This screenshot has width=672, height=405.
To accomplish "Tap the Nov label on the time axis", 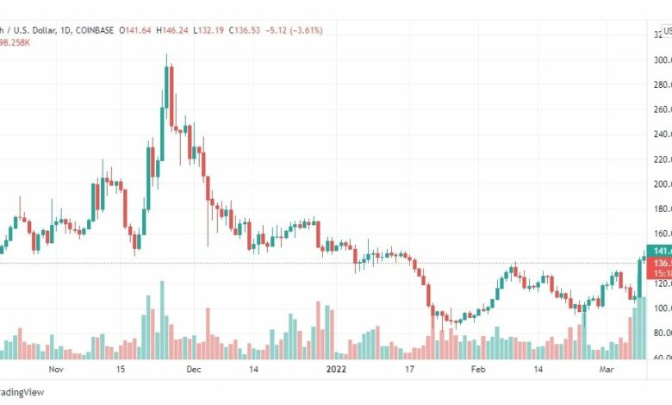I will (57, 370).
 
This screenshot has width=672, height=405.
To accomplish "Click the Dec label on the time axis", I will (193, 370).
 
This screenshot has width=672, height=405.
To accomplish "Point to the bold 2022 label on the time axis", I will (335, 370).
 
